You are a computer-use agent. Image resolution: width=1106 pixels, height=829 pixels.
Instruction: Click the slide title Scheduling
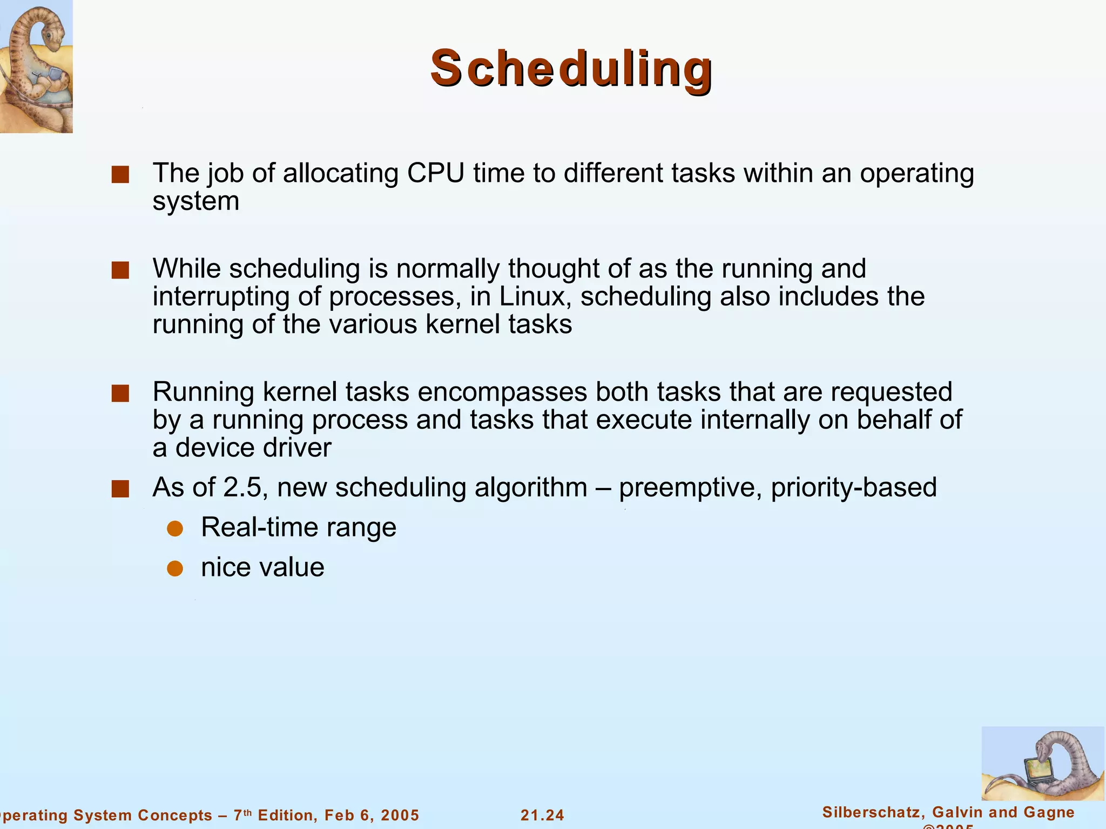pos(571,69)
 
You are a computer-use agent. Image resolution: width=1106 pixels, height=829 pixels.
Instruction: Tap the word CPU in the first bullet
pos(435,173)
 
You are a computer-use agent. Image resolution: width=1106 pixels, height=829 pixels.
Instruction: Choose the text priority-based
pos(854,487)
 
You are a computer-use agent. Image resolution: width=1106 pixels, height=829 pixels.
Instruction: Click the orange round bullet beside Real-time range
pos(175,528)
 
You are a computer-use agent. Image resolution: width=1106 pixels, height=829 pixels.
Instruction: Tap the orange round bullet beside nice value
pos(175,568)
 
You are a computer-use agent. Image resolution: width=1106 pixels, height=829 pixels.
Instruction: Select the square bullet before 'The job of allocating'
pos(120,175)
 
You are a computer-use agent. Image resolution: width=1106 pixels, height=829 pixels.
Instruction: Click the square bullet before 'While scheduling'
pos(120,270)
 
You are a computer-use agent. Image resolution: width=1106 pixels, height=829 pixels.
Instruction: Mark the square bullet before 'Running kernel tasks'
pos(120,393)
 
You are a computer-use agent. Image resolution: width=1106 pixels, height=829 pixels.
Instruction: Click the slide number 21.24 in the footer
pos(542,815)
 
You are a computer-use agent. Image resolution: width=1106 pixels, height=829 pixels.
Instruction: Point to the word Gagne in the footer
pos(1048,812)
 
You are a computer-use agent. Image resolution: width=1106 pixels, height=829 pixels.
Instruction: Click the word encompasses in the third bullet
pos(502,392)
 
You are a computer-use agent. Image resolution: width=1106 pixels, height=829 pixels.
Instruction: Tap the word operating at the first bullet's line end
pos(917,173)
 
